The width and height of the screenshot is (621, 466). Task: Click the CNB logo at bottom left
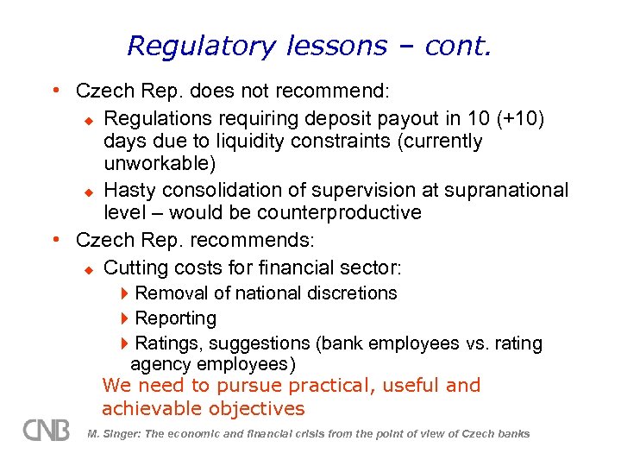coord(47,429)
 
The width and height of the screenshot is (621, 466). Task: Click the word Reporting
coord(176,318)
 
